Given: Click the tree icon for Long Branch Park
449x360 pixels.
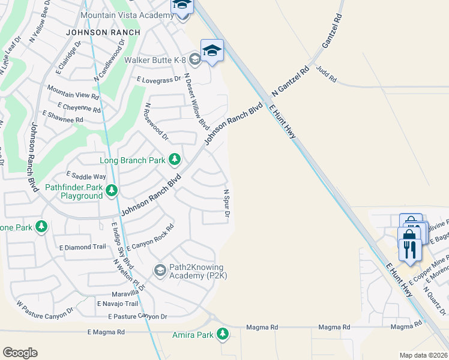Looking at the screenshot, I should pyautogui.click(x=175, y=160).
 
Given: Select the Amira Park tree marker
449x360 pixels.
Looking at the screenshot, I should pyautogui.click(x=223, y=334).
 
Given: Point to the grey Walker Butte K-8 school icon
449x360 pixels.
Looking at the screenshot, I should pyautogui.click(x=194, y=59).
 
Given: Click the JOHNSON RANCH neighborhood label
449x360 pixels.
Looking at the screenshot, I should pyautogui.click(x=103, y=32).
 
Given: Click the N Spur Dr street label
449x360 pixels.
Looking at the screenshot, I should pyautogui.click(x=227, y=203).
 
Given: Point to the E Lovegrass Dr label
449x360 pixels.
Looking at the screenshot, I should pyautogui.click(x=158, y=79).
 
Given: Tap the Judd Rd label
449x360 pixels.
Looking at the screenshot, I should pyautogui.click(x=327, y=75).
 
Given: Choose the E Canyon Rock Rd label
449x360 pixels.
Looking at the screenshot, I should pyautogui.click(x=150, y=238).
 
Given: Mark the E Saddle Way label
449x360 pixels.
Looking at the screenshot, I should pyautogui.click(x=86, y=176).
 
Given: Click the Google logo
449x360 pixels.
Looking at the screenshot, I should pyautogui.click(x=20, y=353).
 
